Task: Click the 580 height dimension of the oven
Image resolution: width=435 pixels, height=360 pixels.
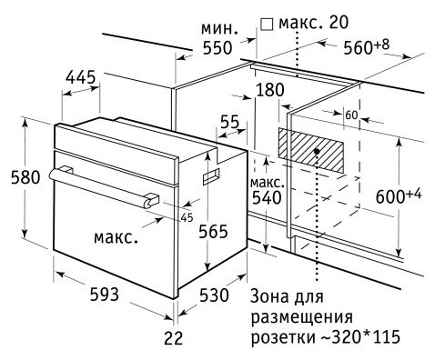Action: click(x=25, y=177)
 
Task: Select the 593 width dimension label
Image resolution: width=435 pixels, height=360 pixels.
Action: click(x=105, y=295)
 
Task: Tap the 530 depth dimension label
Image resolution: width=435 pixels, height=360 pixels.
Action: click(x=214, y=295)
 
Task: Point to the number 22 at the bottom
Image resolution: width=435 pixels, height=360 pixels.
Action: click(x=174, y=338)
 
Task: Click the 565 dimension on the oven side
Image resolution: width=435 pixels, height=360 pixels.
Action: click(x=213, y=232)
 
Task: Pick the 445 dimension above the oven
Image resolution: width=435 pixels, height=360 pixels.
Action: click(x=81, y=77)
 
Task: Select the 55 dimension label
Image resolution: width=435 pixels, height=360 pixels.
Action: click(x=229, y=122)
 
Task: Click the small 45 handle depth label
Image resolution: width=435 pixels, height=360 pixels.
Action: click(x=187, y=217)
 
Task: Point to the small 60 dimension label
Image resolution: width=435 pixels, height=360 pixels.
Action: click(x=351, y=115)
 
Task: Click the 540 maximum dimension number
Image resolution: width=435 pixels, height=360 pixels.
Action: click(x=267, y=198)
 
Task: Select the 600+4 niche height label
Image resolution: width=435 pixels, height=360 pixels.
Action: click(x=399, y=195)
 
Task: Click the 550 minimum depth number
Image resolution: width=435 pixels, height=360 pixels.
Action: click(x=217, y=48)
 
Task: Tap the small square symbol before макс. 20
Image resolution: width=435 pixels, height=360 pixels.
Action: click(x=268, y=25)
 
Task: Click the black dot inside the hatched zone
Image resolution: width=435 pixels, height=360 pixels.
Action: click(x=317, y=151)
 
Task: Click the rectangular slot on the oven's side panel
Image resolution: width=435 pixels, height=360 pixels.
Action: click(x=211, y=176)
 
